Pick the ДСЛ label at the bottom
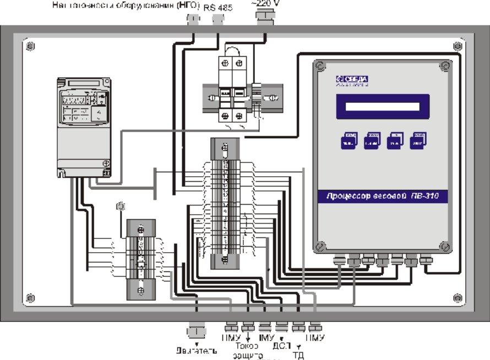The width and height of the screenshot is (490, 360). [281, 347]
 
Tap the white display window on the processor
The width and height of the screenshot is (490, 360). [382, 107]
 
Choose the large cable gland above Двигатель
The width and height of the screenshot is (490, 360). [193, 331]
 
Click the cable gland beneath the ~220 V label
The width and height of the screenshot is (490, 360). [265, 18]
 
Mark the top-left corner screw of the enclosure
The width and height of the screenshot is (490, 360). [31, 45]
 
